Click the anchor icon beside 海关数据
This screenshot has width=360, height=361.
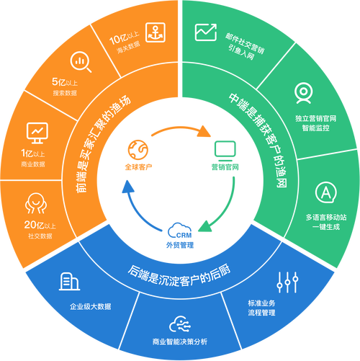[156, 32]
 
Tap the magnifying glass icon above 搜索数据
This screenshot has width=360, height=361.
[81, 62]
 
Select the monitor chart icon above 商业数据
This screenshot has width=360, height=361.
[37, 133]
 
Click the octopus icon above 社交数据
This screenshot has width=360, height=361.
[36, 203]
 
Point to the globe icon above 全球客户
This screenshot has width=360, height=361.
[138, 150]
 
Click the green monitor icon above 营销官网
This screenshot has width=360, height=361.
[225, 151]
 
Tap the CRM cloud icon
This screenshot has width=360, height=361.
[180, 231]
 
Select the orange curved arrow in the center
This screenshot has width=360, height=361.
[179, 128]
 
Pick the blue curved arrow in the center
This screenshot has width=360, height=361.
[135, 211]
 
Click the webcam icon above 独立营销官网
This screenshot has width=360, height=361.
[303, 93]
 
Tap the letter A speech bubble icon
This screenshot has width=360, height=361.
[325, 192]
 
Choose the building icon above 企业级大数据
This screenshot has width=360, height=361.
[69, 282]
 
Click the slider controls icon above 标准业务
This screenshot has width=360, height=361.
[287, 282]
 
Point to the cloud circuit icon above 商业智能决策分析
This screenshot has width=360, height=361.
[180, 324]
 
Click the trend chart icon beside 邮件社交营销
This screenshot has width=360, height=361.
[206, 32]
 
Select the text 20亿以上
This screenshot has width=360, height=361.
[40, 225]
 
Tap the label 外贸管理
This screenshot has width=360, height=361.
[180, 245]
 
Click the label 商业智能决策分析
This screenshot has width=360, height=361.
[180, 342]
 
